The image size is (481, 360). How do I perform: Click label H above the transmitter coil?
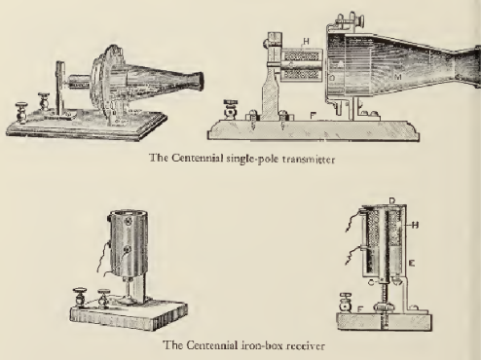click(306, 41)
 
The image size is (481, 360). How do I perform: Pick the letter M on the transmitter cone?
click(398, 77)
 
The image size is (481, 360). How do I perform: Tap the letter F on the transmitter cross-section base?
click(313, 116)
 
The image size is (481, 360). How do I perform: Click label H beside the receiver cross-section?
click(415, 225)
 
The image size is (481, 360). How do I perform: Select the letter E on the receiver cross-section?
click(411, 264)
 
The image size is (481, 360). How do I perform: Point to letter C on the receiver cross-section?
click(372, 283)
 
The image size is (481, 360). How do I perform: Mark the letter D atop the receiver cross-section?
click(392, 200)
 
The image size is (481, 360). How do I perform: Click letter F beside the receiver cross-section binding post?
click(359, 309)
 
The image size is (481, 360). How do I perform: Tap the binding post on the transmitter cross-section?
click(230, 110)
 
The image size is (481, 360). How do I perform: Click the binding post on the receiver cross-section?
click(345, 303)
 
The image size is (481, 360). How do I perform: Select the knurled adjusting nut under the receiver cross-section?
click(383, 306)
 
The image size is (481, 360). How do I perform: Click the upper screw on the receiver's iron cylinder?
click(128, 222)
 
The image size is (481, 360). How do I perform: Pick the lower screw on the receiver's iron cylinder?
click(128, 249)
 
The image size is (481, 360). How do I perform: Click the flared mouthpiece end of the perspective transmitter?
click(198, 82)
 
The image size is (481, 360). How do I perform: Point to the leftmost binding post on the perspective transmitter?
click(21, 113)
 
